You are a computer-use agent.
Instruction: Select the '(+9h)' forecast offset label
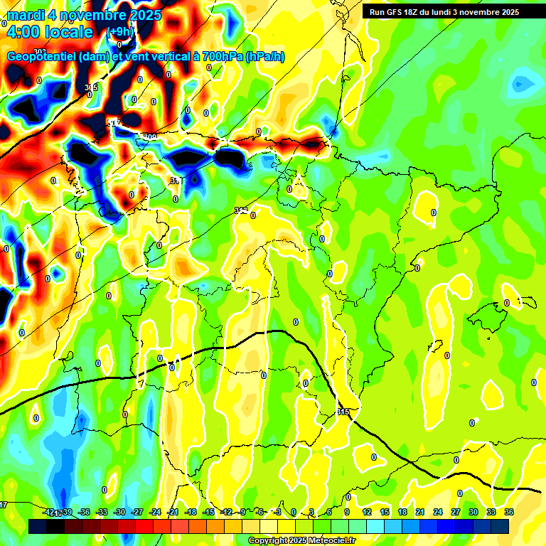[119, 31]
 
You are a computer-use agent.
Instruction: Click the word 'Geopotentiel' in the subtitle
[42, 57]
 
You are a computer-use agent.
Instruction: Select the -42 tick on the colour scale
[49, 512]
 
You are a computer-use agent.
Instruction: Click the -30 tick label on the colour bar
[119, 512]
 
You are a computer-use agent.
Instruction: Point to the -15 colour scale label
[208, 512]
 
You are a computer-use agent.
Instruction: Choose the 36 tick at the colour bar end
[509, 512]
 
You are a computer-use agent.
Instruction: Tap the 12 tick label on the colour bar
[367, 512]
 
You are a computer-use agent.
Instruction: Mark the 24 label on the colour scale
[438, 512]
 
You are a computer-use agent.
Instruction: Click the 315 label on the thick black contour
[344, 412]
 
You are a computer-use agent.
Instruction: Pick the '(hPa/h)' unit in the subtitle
[265, 57]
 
